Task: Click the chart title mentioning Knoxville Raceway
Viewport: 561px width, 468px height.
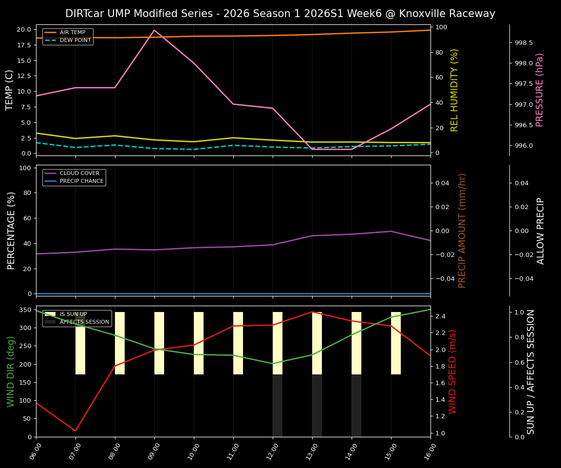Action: (280, 14)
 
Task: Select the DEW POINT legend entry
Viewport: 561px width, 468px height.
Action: (75, 40)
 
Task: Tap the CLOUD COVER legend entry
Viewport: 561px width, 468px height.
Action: (79, 173)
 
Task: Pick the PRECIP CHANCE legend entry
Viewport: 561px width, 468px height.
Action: (81, 181)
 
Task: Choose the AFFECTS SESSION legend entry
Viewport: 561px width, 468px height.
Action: (84, 322)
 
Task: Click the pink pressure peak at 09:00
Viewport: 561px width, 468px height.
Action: (154, 30)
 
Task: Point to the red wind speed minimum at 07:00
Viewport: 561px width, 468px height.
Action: (75, 430)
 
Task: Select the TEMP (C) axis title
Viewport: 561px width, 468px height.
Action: (10, 90)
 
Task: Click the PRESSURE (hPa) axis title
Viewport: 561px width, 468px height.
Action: (539, 90)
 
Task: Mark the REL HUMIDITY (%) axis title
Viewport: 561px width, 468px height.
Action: (454, 90)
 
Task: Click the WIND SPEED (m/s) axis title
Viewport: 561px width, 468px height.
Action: (452, 371)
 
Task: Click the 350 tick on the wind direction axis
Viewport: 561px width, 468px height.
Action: (25, 310)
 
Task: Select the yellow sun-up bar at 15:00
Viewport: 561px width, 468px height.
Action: (396, 343)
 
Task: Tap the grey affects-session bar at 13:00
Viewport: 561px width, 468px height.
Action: (317, 405)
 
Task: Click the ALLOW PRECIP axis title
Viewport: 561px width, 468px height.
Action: (541, 231)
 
